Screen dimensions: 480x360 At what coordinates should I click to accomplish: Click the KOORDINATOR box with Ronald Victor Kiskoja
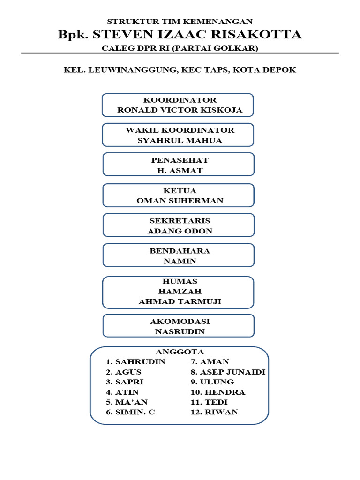click(178, 105)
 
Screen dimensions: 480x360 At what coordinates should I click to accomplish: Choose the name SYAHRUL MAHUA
click(180, 141)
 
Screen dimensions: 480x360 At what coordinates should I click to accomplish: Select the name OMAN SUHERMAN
click(180, 201)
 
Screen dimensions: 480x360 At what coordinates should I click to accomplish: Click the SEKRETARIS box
click(179, 225)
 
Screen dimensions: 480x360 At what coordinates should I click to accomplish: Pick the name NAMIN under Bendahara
click(180, 261)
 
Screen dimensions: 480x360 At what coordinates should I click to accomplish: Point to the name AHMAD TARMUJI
click(180, 302)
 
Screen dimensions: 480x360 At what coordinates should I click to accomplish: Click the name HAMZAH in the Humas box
click(180, 292)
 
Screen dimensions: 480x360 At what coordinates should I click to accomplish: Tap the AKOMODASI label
click(180, 322)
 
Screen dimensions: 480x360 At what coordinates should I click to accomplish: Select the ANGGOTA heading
click(180, 352)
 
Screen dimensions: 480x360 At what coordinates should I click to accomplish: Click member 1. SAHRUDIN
click(135, 362)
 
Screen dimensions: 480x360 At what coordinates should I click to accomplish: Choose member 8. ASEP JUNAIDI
click(228, 372)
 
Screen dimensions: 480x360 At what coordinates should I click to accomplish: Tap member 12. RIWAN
click(214, 412)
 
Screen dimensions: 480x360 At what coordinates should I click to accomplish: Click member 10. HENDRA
click(218, 392)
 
